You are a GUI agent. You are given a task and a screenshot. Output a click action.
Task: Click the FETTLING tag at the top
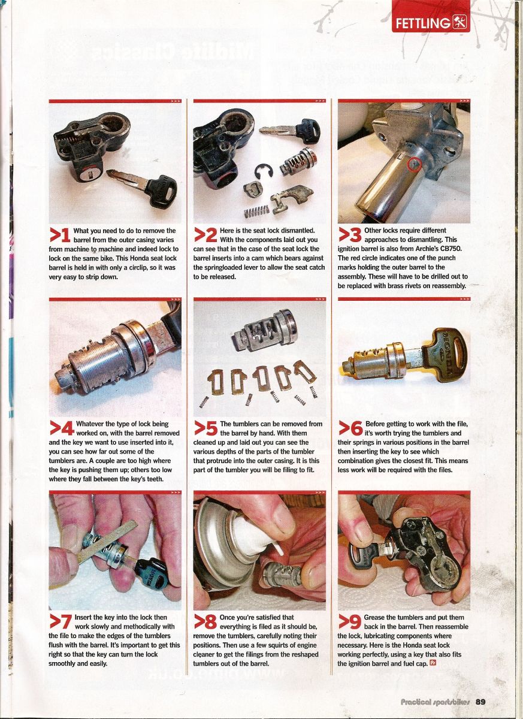[431, 23]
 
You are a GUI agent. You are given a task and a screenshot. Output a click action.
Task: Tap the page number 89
[480, 702]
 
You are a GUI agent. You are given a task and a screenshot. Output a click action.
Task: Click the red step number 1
[60, 236]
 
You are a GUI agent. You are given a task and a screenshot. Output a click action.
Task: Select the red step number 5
[205, 430]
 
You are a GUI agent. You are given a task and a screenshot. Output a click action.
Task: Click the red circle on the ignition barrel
[414, 164]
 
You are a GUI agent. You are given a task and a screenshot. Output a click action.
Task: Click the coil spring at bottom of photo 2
[256, 212]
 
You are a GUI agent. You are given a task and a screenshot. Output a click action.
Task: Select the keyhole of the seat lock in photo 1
[92, 174]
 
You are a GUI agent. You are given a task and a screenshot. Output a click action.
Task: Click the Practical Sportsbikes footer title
[435, 702]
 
